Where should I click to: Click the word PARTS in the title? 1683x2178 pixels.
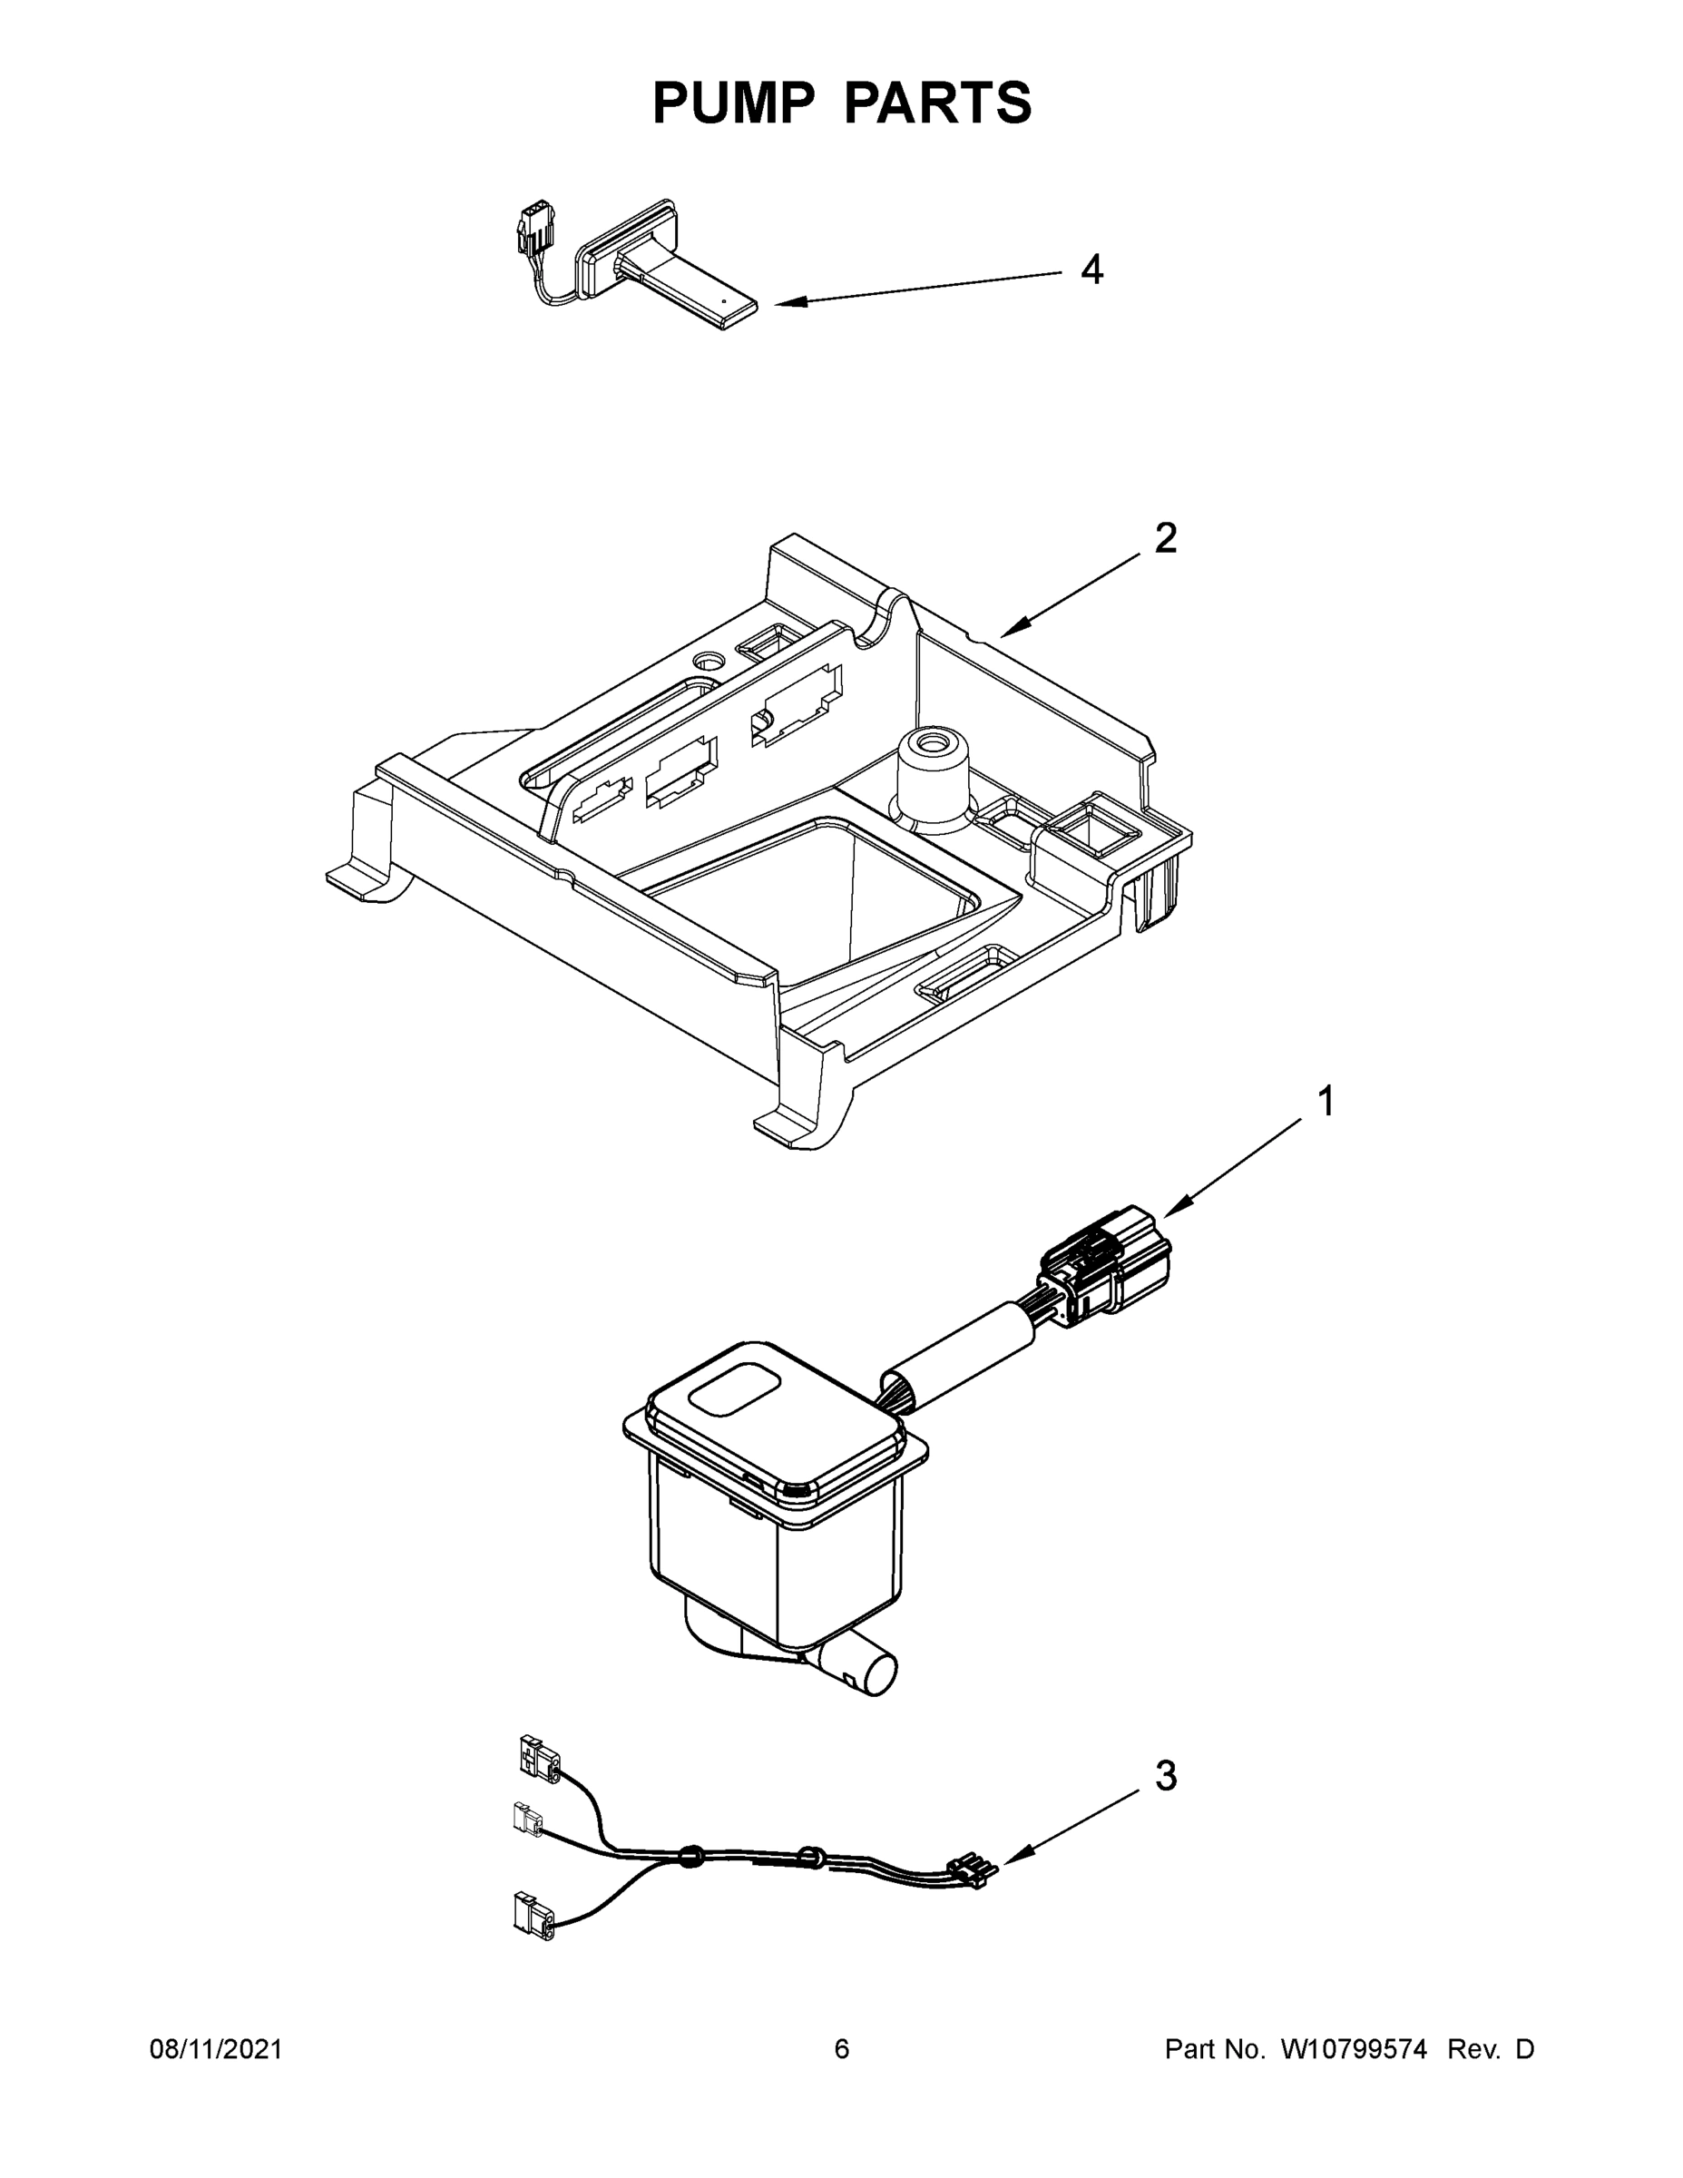(937, 103)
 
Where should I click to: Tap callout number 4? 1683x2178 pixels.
(1091, 270)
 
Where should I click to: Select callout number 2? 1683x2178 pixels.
(1165, 540)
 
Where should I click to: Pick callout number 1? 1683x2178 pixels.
(1325, 1102)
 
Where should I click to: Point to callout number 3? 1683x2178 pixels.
(1166, 1776)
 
